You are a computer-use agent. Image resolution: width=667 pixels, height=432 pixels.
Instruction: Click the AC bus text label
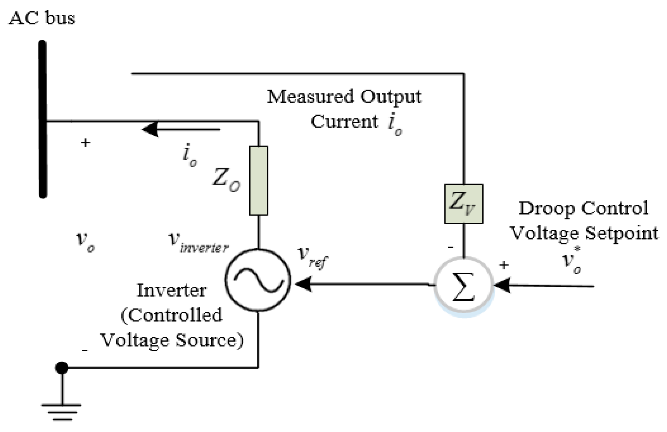click(42, 18)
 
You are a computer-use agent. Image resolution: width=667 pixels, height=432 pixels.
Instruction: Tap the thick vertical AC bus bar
click(43, 119)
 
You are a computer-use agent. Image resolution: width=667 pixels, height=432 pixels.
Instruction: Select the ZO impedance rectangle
click(259, 181)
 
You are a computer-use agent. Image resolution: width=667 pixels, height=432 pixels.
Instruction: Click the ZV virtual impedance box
click(464, 204)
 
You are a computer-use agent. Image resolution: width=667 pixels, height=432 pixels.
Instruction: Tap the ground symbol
click(62, 412)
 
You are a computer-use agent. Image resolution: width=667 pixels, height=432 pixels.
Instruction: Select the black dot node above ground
click(62, 368)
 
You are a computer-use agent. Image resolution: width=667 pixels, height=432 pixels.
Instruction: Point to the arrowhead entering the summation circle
click(502, 285)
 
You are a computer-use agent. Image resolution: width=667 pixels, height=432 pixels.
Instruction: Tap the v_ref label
click(313, 257)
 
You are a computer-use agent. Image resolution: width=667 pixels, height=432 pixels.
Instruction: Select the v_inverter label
click(199, 242)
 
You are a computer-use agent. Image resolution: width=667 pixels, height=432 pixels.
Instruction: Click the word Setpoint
click(622, 233)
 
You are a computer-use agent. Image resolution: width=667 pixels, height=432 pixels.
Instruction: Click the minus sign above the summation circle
click(450, 247)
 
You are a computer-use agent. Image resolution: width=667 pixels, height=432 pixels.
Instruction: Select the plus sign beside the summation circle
click(504, 265)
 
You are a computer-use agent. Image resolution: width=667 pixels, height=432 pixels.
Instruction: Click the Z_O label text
click(226, 180)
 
